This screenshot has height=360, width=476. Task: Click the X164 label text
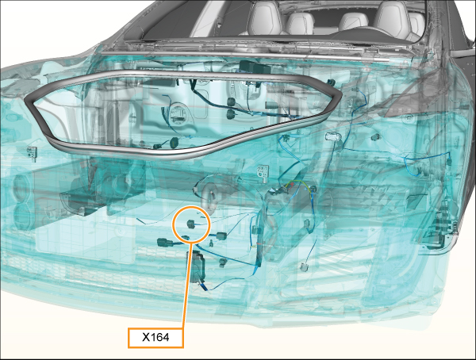click(x=155, y=337)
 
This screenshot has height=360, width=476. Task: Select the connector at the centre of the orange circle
click(x=190, y=224)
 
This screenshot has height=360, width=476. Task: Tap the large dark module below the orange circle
click(x=198, y=267)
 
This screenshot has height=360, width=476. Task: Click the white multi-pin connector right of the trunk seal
click(x=332, y=137)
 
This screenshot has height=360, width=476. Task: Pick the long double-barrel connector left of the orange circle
click(x=166, y=242)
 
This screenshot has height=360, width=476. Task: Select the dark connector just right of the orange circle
click(x=221, y=236)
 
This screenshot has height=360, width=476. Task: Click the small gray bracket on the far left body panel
click(x=33, y=151)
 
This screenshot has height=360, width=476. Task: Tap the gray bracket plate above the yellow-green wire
click(x=263, y=173)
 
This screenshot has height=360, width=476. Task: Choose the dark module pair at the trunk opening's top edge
click(x=255, y=67)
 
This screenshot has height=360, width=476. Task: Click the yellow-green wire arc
click(x=300, y=185)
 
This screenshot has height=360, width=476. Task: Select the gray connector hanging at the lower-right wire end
click(x=304, y=267)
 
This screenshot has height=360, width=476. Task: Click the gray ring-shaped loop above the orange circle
click(x=210, y=195)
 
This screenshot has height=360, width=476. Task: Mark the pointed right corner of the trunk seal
click(x=340, y=94)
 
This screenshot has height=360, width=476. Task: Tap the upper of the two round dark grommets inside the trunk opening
click(x=232, y=101)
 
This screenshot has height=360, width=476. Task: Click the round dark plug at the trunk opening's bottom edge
click(x=174, y=142)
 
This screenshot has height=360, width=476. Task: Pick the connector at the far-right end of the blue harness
click(x=449, y=162)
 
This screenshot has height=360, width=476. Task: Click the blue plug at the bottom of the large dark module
click(x=204, y=287)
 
